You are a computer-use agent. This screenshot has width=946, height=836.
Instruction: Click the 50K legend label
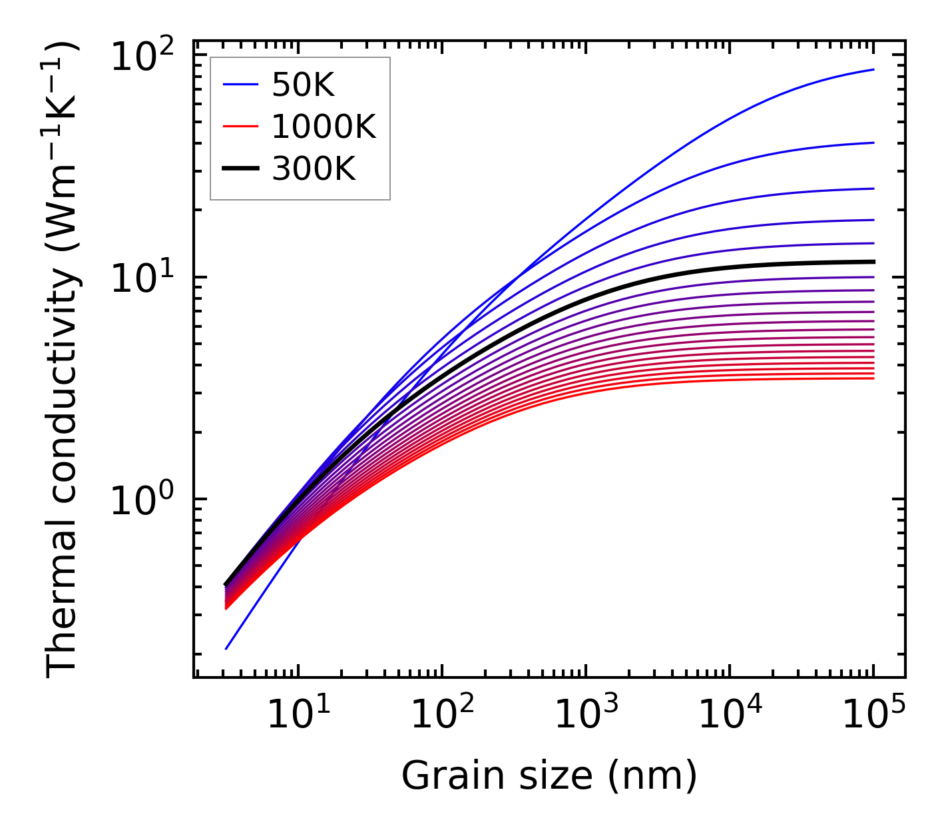click(303, 85)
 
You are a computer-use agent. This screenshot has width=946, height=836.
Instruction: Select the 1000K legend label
click(324, 127)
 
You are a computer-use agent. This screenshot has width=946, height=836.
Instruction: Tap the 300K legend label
click(314, 170)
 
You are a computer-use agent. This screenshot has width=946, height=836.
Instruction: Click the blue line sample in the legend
click(240, 85)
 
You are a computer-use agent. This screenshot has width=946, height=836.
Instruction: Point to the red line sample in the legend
click(240, 127)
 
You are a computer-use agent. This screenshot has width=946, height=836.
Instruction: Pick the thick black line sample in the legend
click(240, 170)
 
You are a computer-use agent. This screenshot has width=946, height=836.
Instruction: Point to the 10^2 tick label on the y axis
click(141, 57)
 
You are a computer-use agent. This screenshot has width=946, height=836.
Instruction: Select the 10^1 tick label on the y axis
click(141, 278)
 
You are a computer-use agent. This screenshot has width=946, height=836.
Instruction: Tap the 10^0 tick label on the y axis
click(141, 500)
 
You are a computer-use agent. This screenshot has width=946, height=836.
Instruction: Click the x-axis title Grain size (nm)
click(549, 776)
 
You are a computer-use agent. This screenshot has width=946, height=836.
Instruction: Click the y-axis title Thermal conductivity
click(63, 360)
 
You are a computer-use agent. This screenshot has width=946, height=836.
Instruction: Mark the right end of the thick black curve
click(873, 262)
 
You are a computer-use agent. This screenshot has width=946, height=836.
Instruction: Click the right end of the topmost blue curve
click(873, 69)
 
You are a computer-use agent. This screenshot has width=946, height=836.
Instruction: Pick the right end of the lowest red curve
click(873, 378)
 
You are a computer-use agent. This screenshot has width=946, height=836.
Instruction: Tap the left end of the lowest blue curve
click(226, 649)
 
